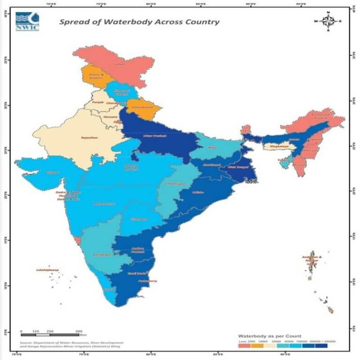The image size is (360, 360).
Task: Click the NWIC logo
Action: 27,22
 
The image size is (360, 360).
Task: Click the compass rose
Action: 328,21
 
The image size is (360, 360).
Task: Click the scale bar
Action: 50,334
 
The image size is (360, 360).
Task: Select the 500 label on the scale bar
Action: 78,330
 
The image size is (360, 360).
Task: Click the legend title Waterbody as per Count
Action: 269,337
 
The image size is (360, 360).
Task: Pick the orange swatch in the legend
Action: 257,346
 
